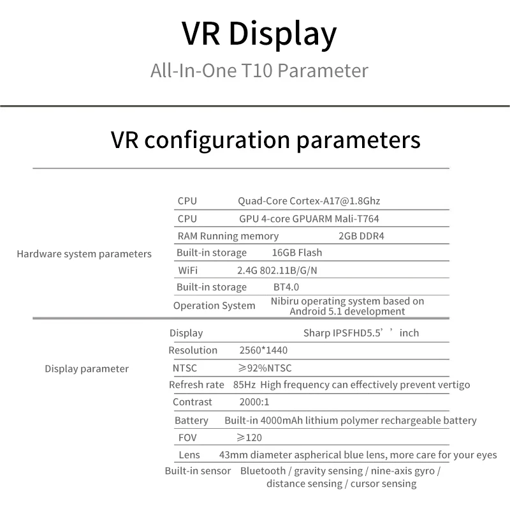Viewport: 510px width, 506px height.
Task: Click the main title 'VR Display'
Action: point(259,34)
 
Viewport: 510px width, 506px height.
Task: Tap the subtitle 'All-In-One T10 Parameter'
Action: point(259,71)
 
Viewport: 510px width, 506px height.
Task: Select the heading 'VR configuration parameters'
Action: point(265,140)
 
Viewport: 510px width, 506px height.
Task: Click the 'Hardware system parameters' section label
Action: point(84,254)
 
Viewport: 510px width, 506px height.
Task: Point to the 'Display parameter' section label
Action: point(87,369)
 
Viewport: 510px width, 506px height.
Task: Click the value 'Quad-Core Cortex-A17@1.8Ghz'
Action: point(309,201)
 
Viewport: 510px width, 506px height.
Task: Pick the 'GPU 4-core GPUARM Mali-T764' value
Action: point(309,219)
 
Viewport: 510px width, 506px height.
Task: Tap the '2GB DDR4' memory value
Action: point(361,235)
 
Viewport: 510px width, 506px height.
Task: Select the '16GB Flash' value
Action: point(296,253)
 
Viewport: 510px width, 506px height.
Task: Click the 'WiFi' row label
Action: point(187,271)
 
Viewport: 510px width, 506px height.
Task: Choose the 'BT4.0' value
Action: point(286,287)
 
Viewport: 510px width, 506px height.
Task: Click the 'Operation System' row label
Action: point(214,306)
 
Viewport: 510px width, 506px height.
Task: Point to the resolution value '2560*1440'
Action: point(263,350)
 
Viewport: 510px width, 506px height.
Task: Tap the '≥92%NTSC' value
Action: point(265,368)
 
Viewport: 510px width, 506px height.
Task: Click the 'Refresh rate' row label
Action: point(196,385)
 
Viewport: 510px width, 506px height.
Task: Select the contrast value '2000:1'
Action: point(254,402)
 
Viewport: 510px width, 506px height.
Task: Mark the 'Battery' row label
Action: point(191,420)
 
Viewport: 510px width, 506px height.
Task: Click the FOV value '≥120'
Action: point(249,438)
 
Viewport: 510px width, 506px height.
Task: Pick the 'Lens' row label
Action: point(189,455)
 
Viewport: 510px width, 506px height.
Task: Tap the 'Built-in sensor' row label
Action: point(198,471)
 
